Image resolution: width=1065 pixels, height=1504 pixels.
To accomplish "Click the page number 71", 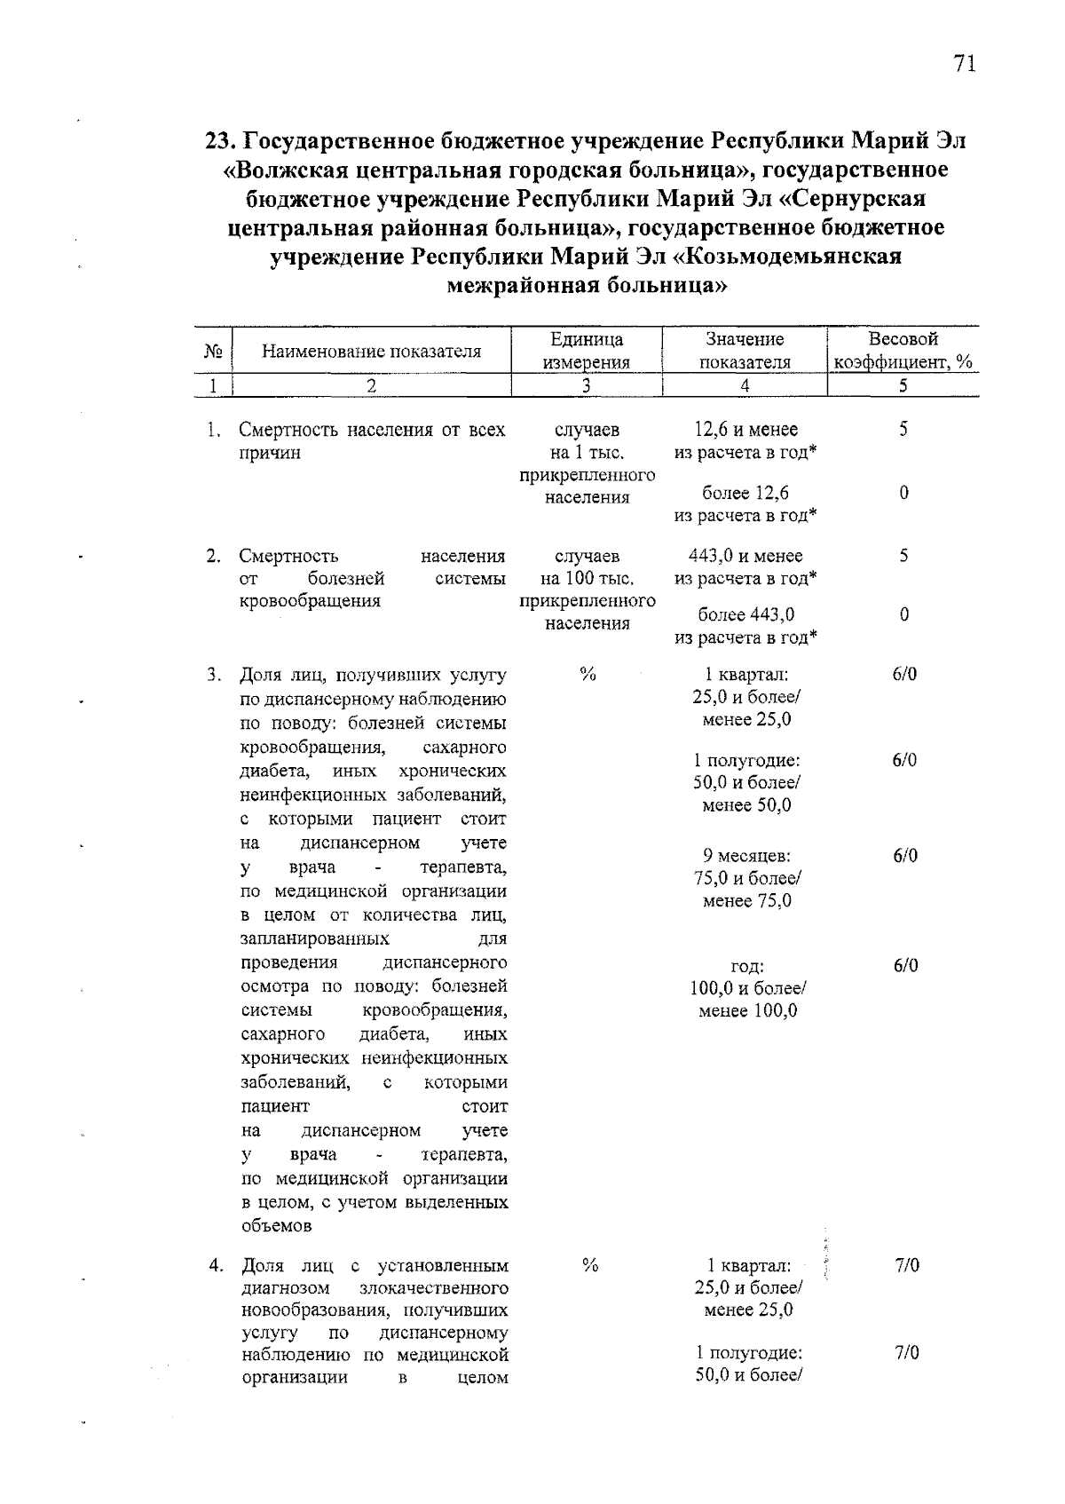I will tap(965, 64).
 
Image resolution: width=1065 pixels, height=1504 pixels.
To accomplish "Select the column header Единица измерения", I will tap(587, 350).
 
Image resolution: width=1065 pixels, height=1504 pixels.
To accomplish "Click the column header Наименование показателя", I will tap(371, 351).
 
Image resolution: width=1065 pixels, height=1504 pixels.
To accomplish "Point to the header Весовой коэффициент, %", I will tap(903, 350).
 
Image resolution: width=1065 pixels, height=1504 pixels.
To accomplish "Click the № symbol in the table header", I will tap(212, 351).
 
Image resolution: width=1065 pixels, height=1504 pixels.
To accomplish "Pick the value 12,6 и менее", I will tap(745, 430).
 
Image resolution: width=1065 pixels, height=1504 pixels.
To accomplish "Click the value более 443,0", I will tap(745, 614).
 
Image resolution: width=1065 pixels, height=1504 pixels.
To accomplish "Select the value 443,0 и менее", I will tap(745, 556).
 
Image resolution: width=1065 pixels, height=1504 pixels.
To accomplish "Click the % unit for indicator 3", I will tap(587, 674).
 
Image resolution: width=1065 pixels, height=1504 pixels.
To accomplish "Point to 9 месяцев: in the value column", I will tap(746, 856).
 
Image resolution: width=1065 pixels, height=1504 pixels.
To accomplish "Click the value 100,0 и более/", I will tap(747, 988).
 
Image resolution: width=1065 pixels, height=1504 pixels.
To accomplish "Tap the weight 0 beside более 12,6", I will tap(903, 493).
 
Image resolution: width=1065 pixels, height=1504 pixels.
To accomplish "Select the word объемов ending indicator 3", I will tap(276, 1226).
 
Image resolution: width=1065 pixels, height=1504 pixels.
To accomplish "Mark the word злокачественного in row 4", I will tap(435, 1287).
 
